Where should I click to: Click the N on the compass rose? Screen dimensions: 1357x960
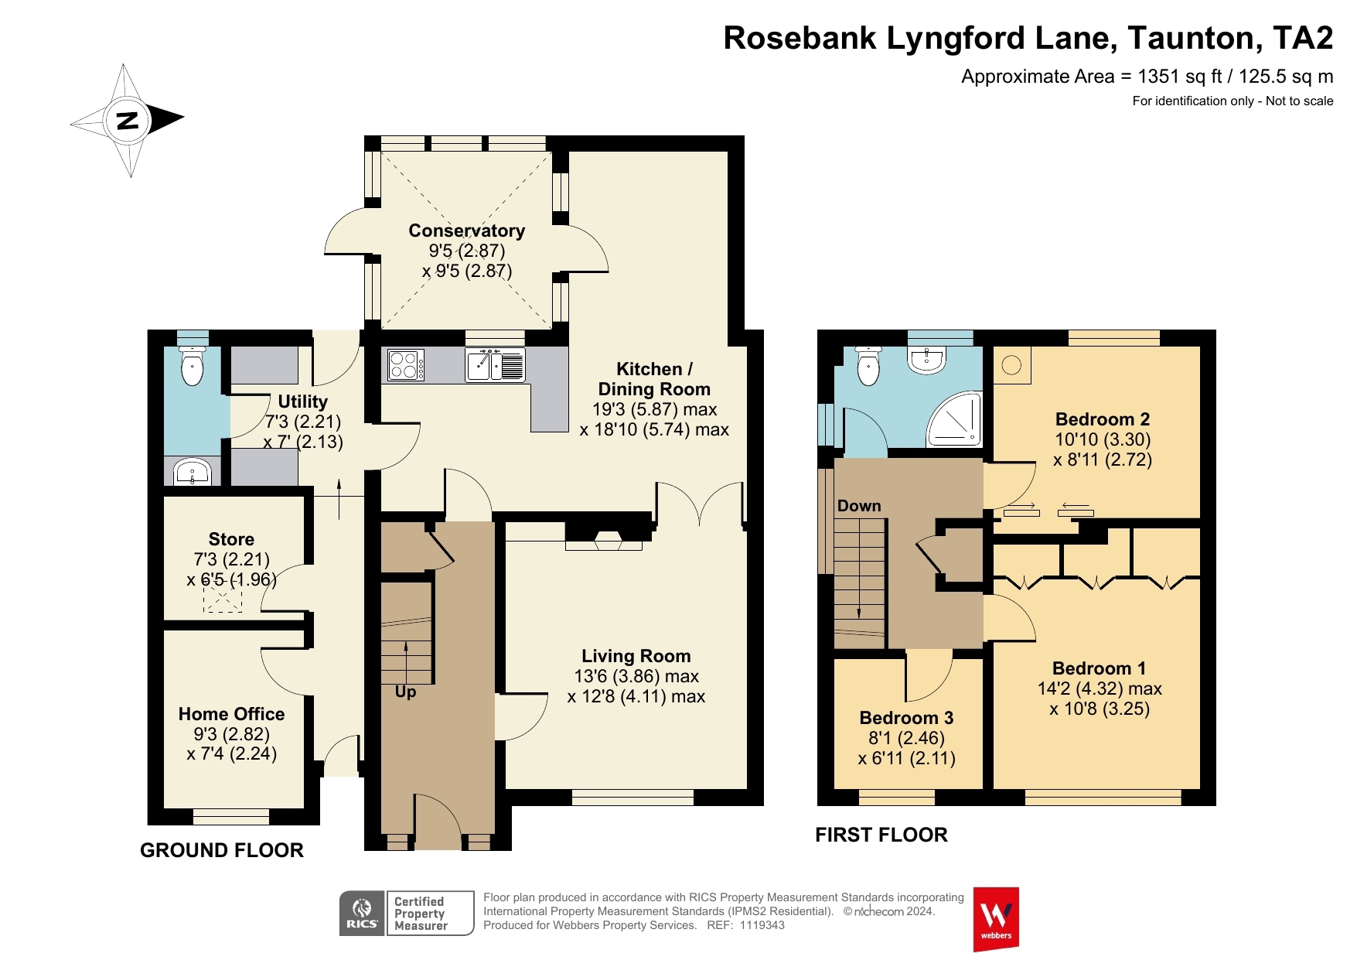point(127,120)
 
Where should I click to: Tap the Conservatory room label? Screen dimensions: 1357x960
point(466,231)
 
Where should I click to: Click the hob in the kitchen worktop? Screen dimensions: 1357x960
point(405,365)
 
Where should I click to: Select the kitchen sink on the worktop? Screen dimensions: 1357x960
point(495,365)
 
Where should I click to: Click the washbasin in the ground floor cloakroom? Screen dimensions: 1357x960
point(192,471)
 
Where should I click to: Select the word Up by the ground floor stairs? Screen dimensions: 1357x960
point(405,692)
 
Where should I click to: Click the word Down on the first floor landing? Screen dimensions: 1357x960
point(859,506)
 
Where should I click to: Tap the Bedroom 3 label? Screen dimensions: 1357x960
point(906,718)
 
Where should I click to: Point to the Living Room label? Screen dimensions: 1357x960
point(636,656)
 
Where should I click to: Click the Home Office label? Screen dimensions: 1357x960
point(231,714)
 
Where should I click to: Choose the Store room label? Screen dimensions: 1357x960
point(231,539)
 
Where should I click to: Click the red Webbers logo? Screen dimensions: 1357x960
point(996,919)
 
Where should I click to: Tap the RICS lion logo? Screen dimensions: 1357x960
point(362,914)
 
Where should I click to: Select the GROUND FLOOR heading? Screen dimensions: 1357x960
point(222,850)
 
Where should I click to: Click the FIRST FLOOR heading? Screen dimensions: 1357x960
point(881,835)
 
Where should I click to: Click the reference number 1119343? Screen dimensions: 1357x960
point(762,925)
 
